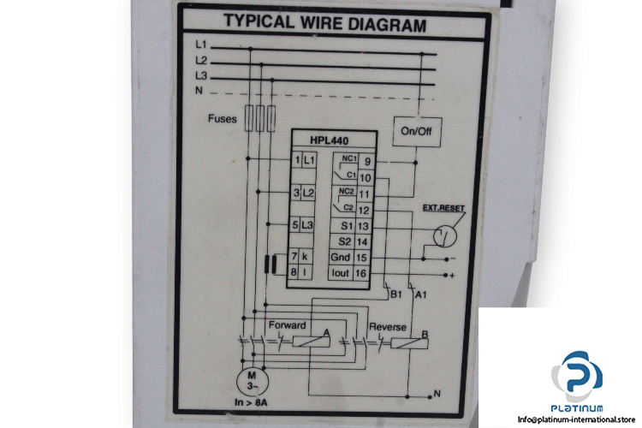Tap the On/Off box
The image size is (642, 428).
tap(416, 131)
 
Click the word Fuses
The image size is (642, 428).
tap(223, 120)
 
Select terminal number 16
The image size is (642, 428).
tap(363, 273)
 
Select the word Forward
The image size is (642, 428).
tap(288, 326)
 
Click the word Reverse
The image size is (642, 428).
tap(388, 326)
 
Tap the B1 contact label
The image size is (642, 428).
tap(395, 295)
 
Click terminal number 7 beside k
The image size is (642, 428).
tap(295, 257)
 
